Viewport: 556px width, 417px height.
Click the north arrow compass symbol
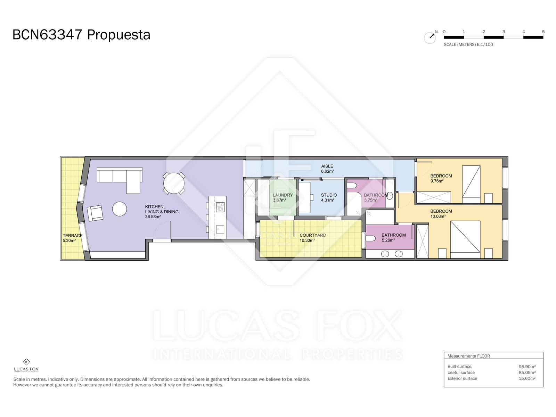coord(430,38)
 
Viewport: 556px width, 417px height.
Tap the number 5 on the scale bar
coord(543,32)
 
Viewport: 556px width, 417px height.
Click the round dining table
coord(174,183)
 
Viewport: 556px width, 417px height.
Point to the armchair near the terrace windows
coord(95,213)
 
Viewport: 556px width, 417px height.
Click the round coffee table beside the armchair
coord(120,208)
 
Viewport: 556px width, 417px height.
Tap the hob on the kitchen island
coord(220,207)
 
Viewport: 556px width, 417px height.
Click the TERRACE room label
coord(72,236)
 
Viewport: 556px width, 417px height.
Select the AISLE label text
coord(327,166)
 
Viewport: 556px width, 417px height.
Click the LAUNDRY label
coord(283,195)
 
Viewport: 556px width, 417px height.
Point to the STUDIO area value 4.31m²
coord(328,200)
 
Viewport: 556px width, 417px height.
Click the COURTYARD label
coord(312,235)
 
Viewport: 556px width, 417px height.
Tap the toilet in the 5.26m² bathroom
coord(370,238)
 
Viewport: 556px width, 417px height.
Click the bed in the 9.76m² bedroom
coord(471,184)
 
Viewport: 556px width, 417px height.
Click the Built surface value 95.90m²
coord(527,366)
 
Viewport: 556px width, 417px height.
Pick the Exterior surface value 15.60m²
coord(527,378)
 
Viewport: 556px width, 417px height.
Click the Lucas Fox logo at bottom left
coord(26,365)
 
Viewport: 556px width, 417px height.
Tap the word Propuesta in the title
coord(118,35)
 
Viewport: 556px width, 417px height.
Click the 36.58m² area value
coord(153,217)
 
